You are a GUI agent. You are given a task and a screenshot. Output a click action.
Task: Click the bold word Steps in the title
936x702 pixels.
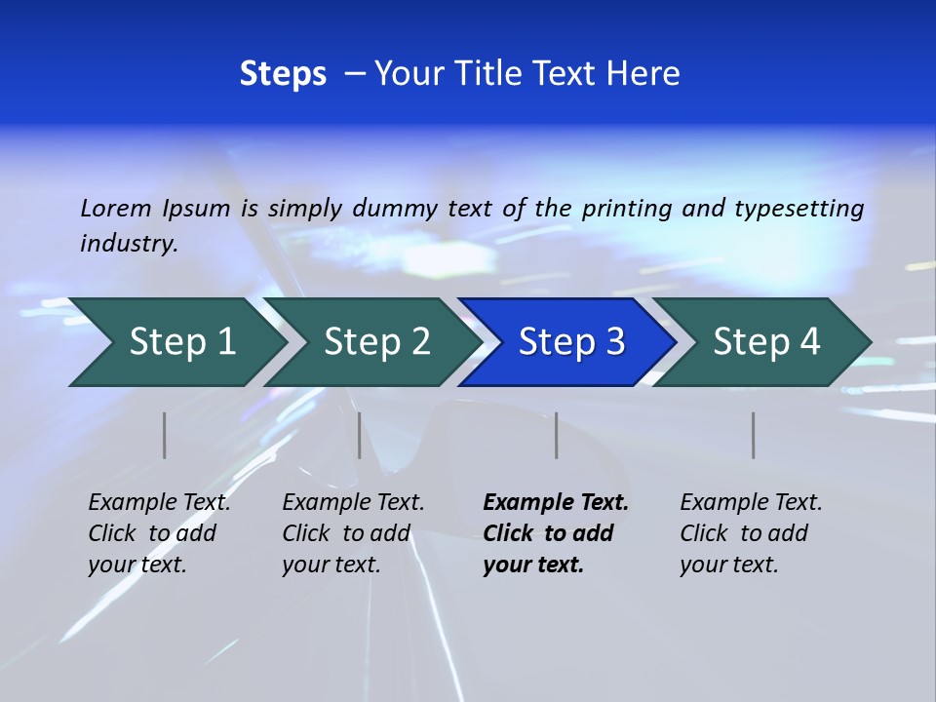(x=283, y=74)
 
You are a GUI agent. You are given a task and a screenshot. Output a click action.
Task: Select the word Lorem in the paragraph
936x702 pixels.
(x=115, y=208)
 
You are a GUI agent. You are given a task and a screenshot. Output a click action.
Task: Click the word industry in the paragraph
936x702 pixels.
(x=127, y=243)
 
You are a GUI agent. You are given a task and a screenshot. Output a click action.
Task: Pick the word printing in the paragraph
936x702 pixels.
(x=625, y=208)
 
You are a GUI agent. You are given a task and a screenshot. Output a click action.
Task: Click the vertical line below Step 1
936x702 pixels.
(x=165, y=435)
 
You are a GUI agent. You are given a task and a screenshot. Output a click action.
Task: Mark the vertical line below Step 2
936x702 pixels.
(x=360, y=435)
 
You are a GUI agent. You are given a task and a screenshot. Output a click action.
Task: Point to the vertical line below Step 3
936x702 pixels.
(x=557, y=435)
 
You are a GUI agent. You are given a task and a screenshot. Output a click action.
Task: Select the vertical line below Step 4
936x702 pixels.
(x=754, y=435)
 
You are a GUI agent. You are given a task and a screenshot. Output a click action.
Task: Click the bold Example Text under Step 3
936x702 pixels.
(x=556, y=502)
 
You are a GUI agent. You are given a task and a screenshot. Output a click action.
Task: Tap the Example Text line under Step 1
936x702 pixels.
(x=159, y=502)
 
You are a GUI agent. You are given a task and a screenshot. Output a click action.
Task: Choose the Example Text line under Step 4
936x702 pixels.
(x=751, y=502)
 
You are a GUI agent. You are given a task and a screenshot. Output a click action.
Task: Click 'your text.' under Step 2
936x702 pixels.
(x=331, y=565)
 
